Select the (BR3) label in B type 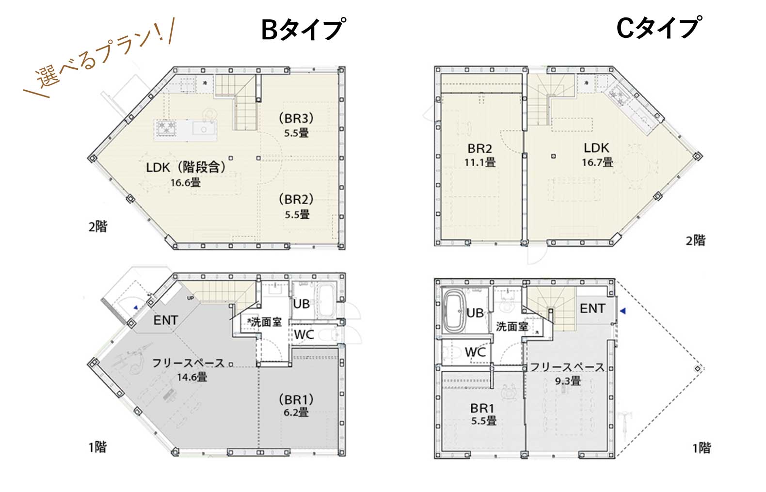[x=297, y=118]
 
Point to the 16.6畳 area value [x=185, y=183]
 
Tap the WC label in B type [x=304, y=334]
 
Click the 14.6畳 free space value [x=192, y=377]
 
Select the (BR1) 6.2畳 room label [x=296, y=406]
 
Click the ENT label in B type [x=166, y=320]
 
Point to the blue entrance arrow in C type [x=624, y=310]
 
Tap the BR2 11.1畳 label [x=480, y=155]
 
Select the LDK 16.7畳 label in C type [x=597, y=155]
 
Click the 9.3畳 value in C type [x=568, y=381]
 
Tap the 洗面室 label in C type [x=512, y=327]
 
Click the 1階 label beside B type [x=97, y=446]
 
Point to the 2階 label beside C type [x=695, y=240]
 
